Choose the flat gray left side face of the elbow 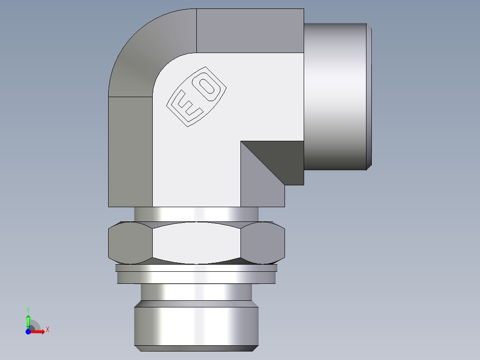click(130, 151)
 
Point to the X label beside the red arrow click(47, 330)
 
